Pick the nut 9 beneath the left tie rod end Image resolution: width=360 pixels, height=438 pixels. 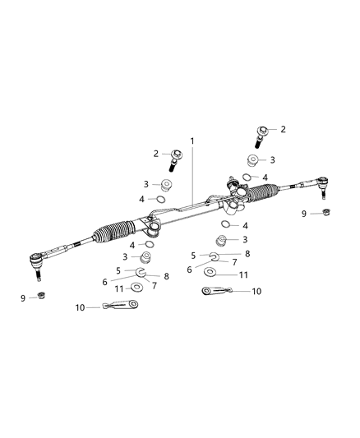click(42, 297)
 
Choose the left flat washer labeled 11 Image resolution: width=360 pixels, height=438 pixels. click(136, 288)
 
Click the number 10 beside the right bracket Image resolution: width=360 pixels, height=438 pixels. click(256, 291)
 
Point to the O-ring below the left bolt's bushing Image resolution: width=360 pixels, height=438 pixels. click(163, 199)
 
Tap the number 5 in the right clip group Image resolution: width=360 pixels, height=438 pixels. click(193, 256)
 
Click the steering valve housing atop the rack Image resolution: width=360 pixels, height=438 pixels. click(234, 189)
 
